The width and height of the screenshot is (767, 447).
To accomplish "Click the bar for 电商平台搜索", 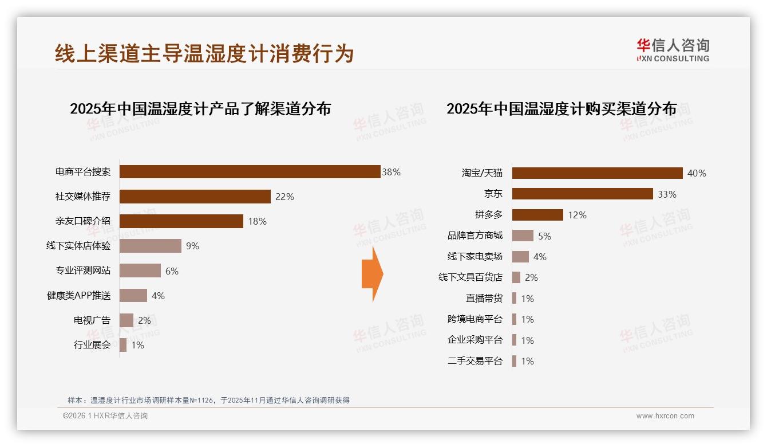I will coord(250,172).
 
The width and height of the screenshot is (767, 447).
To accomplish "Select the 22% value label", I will coord(284,197).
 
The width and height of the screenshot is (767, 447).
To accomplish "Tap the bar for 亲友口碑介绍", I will coord(181,221).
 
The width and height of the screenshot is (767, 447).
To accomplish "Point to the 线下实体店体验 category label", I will coord(78,246).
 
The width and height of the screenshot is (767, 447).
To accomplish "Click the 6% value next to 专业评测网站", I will coord(172,271).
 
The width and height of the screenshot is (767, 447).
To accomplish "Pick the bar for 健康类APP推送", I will coord(133,296).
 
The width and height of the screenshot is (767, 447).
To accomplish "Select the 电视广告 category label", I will coord(92,320).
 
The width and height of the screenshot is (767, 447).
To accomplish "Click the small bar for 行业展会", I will coord(123,345).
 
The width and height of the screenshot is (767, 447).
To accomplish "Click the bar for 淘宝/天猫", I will coord(597,173).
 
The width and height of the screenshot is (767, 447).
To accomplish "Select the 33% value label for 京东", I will coord(667,194).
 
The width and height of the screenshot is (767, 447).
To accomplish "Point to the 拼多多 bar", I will coord(537,215).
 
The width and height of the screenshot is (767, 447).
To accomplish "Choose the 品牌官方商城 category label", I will coord(475,236).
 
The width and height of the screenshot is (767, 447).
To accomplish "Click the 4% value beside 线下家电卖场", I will coord(540,257).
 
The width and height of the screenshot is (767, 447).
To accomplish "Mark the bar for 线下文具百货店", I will coord(516,277).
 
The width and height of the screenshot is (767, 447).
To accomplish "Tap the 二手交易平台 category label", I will coord(475,361).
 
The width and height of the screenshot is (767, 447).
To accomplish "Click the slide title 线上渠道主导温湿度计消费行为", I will coord(204,53).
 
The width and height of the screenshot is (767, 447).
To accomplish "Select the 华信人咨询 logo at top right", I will coord(673,50).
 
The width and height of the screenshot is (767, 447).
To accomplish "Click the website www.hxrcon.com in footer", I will coord(665,416).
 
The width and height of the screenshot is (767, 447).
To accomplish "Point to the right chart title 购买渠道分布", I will coord(562,109).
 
